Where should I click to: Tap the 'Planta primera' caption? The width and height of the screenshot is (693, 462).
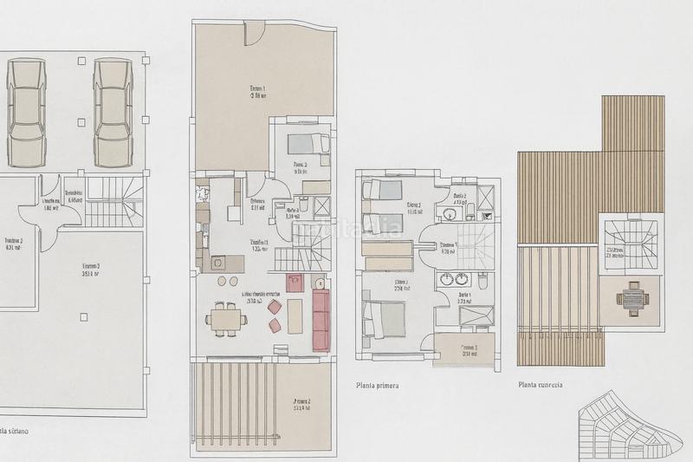pos(382,385)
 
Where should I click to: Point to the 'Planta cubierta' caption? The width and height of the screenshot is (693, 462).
pos(541,385)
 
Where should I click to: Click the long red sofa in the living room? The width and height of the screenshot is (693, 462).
pos(321,314)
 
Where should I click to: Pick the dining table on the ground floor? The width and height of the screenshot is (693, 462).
pos(226,319)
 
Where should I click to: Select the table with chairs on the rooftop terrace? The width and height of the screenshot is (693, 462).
pos(631,300)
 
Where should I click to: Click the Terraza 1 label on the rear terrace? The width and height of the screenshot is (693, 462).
pos(257,90)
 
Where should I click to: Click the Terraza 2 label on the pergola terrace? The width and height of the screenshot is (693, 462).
pos(302,404)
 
